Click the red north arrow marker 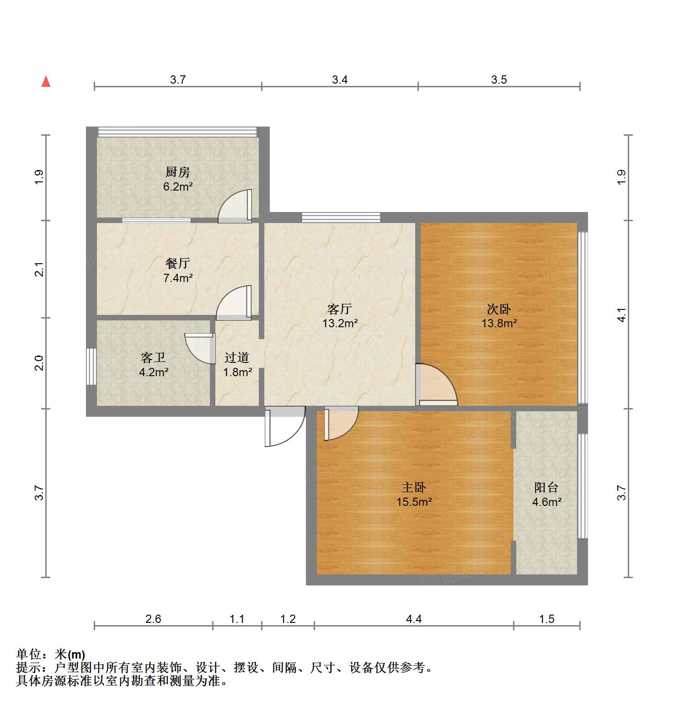pyautogui.click(x=46, y=82)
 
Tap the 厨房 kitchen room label pyautogui.click(x=177, y=172)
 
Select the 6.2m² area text pyautogui.click(x=177, y=186)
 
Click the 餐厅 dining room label pyautogui.click(x=177, y=263)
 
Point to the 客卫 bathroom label pyautogui.click(x=153, y=357)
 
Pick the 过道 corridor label pyautogui.click(x=237, y=357)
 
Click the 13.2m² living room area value pyautogui.click(x=340, y=324)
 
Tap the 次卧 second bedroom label pyautogui.click(x=499, y=309)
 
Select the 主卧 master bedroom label pyautogui.click(x=414, y=487)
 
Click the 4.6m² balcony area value pyautogui.click(x=547, y=502)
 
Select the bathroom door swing pyautogui.click(x=200, y=348)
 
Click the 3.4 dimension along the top pyautogui.click(x=340, y=80)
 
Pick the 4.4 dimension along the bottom pyautogui.click(x=414, y=619)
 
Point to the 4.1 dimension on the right pyautogui.click(x=621, y=315)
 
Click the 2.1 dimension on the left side pyautogui.click(x=39, y=269)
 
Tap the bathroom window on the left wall pyautogui.click(x=91, y=367)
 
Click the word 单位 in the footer pyautogui.click(x=29, y=654)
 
